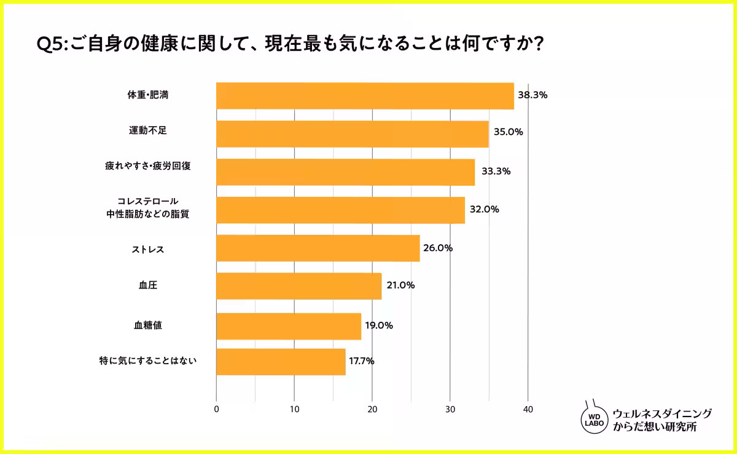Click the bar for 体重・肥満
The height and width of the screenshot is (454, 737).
[365, 96]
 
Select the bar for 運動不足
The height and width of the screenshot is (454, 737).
[352, 133]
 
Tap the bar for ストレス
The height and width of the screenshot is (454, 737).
[318, 248]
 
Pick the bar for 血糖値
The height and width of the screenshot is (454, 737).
[289, 325]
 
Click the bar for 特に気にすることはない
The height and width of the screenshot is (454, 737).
[281, 362]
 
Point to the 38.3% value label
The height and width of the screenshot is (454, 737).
[532, 95]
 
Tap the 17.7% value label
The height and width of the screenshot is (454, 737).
[361, 361]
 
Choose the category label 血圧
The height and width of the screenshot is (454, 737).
[149, 285]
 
